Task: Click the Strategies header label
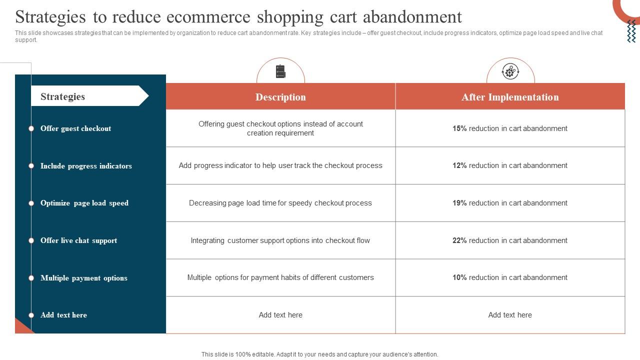click(62, 96)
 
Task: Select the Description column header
click(280, 97)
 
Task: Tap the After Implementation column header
click(510, 97)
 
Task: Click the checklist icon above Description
click(280, 71)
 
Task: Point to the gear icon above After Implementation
click(510, 71)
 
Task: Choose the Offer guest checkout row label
click(75, 128)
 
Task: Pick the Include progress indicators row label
click(86, 166)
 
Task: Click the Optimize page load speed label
click(84, 203)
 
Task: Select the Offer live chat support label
click(78, 240)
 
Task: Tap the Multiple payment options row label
click(83, 278)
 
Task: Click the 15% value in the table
click(459, 128)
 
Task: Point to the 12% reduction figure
click(459, 165)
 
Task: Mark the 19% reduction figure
click(459, 203)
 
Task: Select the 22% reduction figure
click(459, 240)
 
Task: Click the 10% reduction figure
click(459, 277)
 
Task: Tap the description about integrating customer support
click(280, 240)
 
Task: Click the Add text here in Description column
click(280, 315)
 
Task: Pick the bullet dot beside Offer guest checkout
click(31, 128)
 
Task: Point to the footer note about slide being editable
click(320, 354)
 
